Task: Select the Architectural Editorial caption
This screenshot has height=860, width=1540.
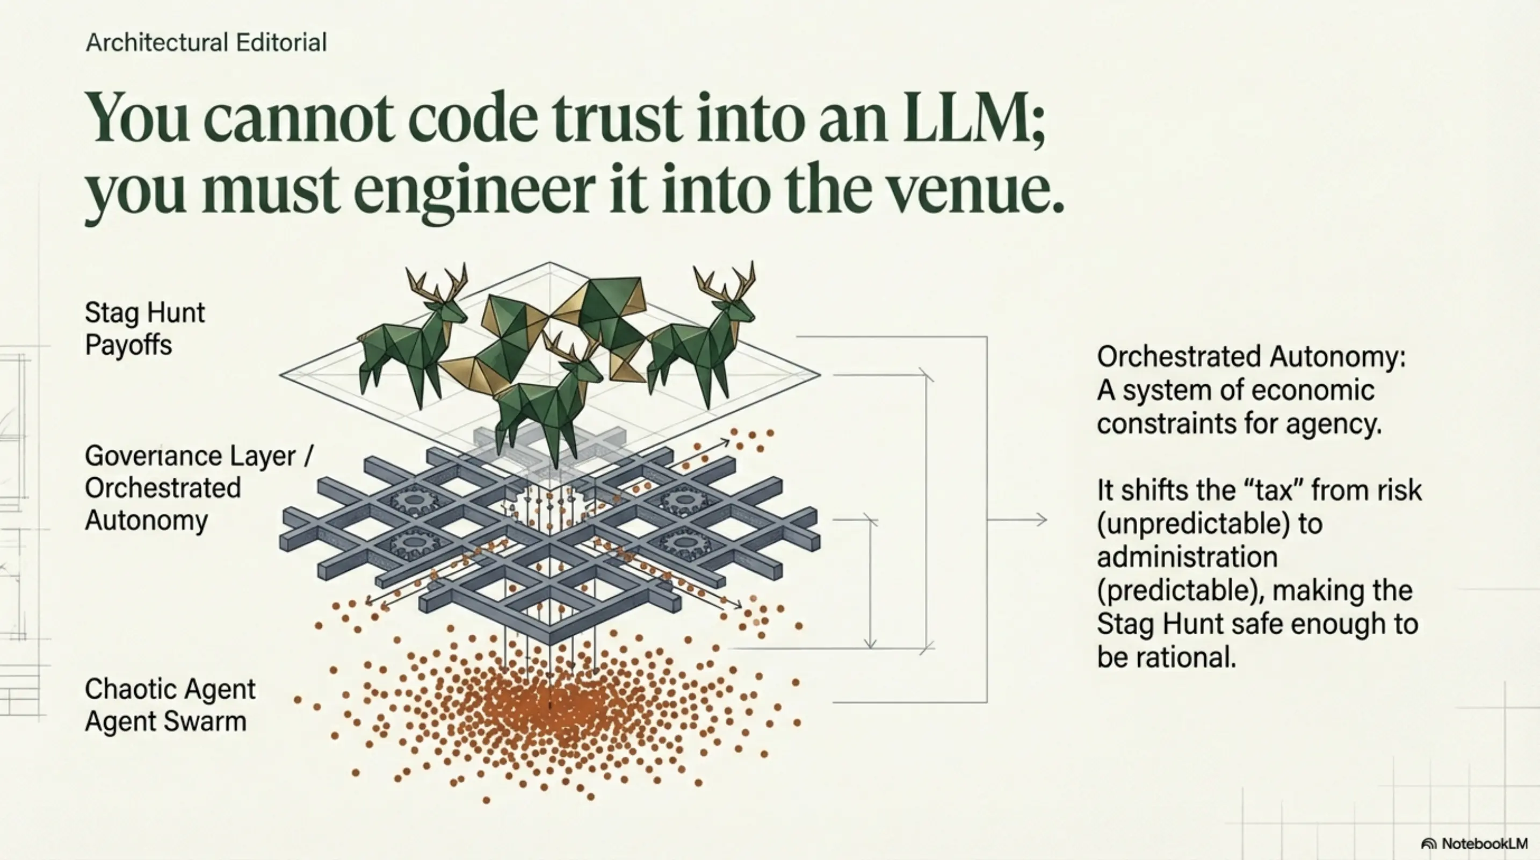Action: click(x=206, y=42)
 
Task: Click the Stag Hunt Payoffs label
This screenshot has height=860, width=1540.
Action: click(x=144, y=328)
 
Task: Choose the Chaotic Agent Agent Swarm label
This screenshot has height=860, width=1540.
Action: click(x=170, y=705)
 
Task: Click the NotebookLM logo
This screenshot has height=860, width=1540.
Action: click(x=1474, y=843)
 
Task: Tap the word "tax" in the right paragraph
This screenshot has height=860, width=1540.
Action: click(x=1265, y=491)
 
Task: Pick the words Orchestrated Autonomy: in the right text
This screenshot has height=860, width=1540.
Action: click(x=1251, y=357)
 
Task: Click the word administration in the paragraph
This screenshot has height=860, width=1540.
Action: click(x=1187, y=557)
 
